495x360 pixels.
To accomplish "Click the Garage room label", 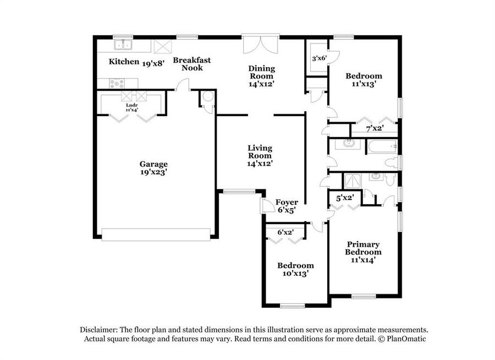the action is [x=153, y=168].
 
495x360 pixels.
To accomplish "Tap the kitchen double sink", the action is [x=123, y=45].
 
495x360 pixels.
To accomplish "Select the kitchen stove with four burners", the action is [x=117, y=84].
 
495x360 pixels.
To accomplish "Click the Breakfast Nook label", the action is [x=192, y=64].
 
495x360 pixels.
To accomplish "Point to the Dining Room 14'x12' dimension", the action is [x=261, y=84].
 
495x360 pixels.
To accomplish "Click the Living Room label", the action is [x=260, y=152].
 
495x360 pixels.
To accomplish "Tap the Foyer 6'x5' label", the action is [x=287, y=206].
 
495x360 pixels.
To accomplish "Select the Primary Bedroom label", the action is [x=363, y=248].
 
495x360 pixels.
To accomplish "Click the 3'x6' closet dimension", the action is [x=319, y=58].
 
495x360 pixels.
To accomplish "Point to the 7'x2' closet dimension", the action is [x=375, y=128].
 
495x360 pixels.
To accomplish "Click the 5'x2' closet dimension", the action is [x=345, y=198].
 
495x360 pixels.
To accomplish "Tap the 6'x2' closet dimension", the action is [x=285, y=232].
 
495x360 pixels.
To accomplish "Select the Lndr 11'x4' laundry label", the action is [x=132, y=107].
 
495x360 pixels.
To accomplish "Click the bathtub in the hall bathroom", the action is [x=382, y=147].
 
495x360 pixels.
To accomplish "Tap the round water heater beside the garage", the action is [x=208, y=96].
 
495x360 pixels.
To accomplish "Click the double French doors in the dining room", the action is [x=261, y=44].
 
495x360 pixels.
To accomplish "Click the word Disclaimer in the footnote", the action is [x=99, y=330].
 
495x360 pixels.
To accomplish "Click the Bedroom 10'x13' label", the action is [x=295, y=269].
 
